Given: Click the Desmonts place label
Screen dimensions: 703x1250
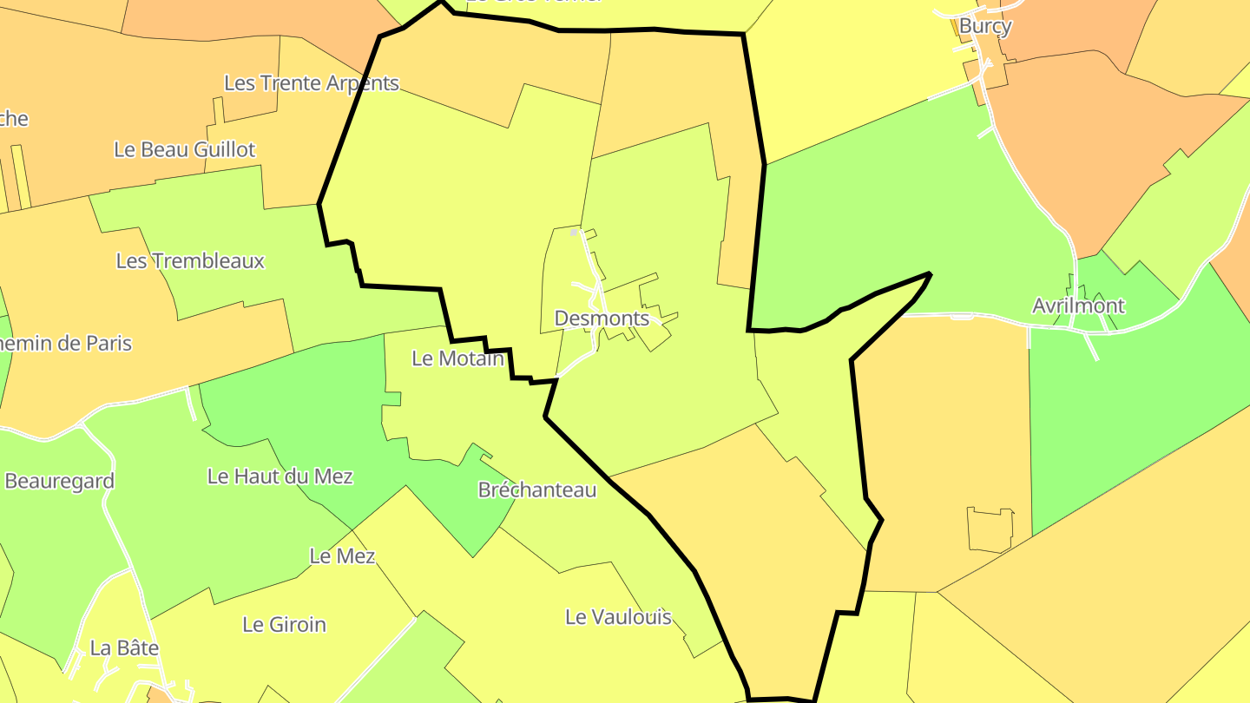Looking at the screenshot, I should click(602, 319).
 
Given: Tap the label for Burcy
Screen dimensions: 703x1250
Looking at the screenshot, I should click(985, 27).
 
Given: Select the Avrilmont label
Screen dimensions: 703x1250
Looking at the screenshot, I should click(1078, 306).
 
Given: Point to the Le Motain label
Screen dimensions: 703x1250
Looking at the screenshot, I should click(457, 358).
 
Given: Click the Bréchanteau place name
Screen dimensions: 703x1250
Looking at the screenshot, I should click(537, 490).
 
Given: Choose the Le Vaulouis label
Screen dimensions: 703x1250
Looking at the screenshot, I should click(618, 617).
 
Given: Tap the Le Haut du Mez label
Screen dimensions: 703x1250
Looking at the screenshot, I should click(280, 476).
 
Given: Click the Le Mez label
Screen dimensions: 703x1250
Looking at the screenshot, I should click(342, 556).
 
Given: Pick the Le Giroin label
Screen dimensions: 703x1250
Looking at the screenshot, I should click(284, 624).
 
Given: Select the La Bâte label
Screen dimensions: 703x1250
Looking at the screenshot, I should click(124, 647).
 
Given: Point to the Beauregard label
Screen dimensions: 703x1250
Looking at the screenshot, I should click(59, 481).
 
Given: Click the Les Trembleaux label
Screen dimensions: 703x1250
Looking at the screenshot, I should click(190, 261).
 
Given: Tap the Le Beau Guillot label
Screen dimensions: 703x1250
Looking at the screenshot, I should click(185, 149).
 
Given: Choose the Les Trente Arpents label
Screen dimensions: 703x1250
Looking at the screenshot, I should click(312, 83).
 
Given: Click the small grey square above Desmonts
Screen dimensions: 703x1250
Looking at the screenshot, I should click(573, 233).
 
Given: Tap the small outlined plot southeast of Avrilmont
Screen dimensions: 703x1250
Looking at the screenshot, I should click(990, 529).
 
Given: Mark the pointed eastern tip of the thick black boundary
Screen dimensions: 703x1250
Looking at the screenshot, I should click(930, 274).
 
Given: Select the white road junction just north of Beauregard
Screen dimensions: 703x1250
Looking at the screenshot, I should click(82, 424).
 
